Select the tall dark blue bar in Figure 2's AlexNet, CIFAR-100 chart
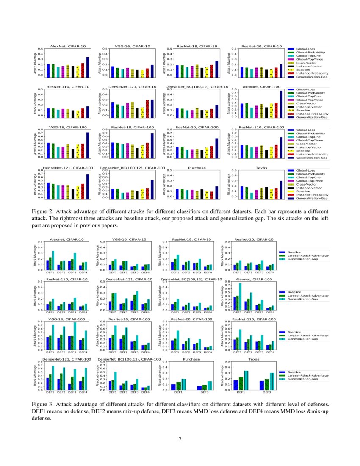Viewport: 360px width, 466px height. click(x=281, y=103)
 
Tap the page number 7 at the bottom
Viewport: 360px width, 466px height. click(x=180, y=439)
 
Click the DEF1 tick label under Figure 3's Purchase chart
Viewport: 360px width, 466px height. click(x=178, y=392)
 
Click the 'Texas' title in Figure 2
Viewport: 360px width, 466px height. click(x=261, y=168)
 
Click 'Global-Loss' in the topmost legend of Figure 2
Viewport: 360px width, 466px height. click(x=305, y=49)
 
